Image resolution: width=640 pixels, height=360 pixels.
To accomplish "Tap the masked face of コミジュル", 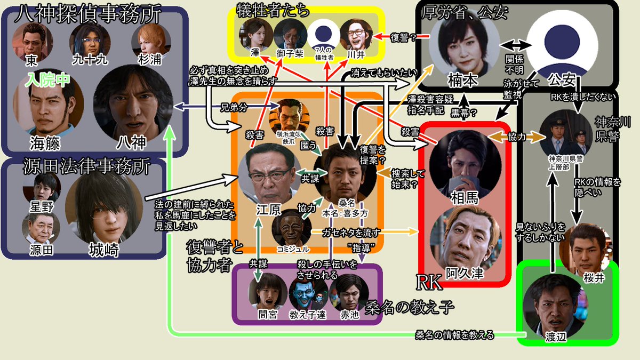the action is click(291, 227).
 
